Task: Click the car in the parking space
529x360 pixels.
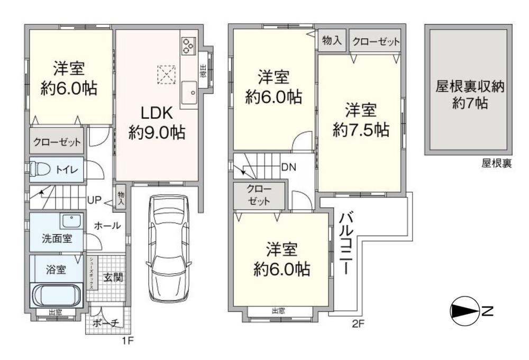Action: tap(169, 248)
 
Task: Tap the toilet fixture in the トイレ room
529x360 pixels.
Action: tap(40, 168)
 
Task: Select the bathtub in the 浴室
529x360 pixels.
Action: tap(57, 295)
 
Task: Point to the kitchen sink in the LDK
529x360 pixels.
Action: tap(189, 93)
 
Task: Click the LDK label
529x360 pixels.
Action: tap(157, 113)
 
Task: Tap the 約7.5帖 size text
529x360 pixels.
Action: tap(361, 130)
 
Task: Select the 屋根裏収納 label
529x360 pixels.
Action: tap(470, 87)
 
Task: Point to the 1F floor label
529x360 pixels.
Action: tap(128, 340)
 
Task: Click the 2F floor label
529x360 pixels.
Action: tap(358, 324)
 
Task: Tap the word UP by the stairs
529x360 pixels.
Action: tap(94, 200)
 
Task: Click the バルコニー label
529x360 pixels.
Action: tap(346, 243)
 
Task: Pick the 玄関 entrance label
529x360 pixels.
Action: tap(113, 277)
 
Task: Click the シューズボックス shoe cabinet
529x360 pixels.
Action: tap(92, 273)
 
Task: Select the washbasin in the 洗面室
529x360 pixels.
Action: tap(72, 221)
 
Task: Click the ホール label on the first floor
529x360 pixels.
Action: tap(107, 225)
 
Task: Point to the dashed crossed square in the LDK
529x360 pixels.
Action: tap(167, 74)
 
